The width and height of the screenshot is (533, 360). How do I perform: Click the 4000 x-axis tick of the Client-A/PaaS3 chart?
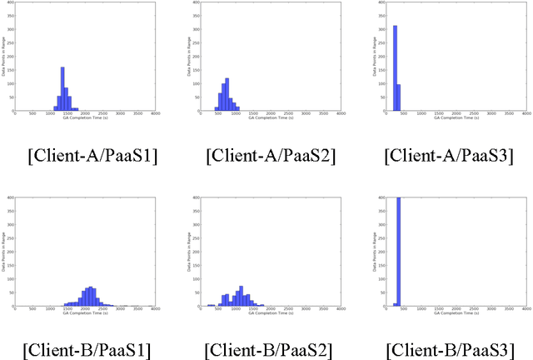(x=523, y=113)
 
